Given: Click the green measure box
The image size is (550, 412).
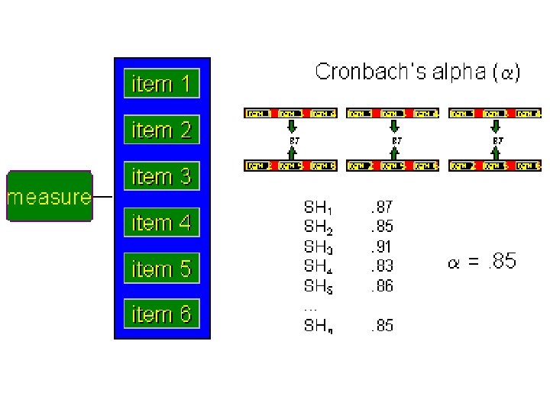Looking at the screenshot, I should pyautogui.click(x=49, y=196).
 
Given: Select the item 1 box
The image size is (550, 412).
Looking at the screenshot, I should pyautogui.click(x=161, y=83).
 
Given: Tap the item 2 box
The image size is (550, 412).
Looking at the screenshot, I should pyautogui.click(x=161, y=130).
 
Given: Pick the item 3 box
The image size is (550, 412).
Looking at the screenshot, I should pyautogui.click(x=161, y=176).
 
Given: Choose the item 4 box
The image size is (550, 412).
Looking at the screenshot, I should pyautogui.click(x=161, y=223).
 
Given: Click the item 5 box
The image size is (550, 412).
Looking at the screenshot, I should pyautogui.click(x=161, y=269).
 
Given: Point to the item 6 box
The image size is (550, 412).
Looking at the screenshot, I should pyautogui.click(x=161, y=314).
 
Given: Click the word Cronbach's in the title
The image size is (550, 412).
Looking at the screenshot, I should pyautogui.click(x=361, y=72).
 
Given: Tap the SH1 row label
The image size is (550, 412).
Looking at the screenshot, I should pyautogui.click(x=319, y=207).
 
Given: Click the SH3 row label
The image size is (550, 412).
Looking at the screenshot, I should pyautogui.click(x=319, y=247).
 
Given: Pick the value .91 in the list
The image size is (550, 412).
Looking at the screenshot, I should pyautogui.click(x=381, y=246).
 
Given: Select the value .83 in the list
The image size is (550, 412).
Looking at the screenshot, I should pyautogui.click(x=381, y=266).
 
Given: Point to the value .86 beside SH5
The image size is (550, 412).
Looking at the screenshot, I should pyautogui.click(x=381, y=286).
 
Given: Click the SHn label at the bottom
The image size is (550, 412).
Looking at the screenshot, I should pyautogui.click(x=319, y=327).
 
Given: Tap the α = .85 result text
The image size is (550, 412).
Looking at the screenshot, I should pyautogui.click(x=481, y=262).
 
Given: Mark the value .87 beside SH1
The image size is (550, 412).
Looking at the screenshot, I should pyautogui.click(x=381, y=206).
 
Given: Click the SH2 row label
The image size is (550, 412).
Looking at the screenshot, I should pyautogui.click(x=319, y=227).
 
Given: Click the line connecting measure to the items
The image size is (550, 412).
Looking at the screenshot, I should pyautogui.click(x=103, y=198).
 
